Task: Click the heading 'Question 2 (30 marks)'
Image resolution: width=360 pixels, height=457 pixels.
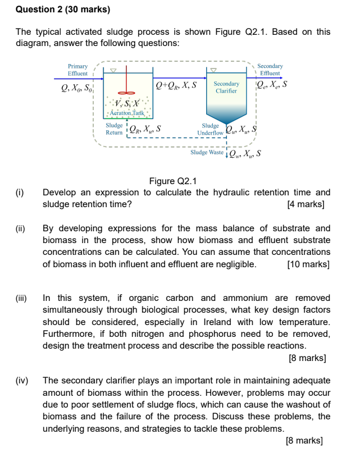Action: [63, 10]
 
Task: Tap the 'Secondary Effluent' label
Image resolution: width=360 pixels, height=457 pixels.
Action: [270, 70]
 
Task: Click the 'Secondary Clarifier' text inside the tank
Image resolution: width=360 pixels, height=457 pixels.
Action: [226, 87]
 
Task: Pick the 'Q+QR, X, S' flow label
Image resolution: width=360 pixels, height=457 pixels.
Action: [176, 85]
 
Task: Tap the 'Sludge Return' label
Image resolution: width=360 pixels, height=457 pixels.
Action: [114, 129]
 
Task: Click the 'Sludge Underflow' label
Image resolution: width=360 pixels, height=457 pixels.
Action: [210, 130]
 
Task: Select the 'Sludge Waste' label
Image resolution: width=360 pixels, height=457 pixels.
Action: [207, 152]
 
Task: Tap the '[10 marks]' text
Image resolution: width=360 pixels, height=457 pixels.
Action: [308, 264]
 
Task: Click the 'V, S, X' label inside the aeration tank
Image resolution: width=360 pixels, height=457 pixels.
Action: [126, 103]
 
